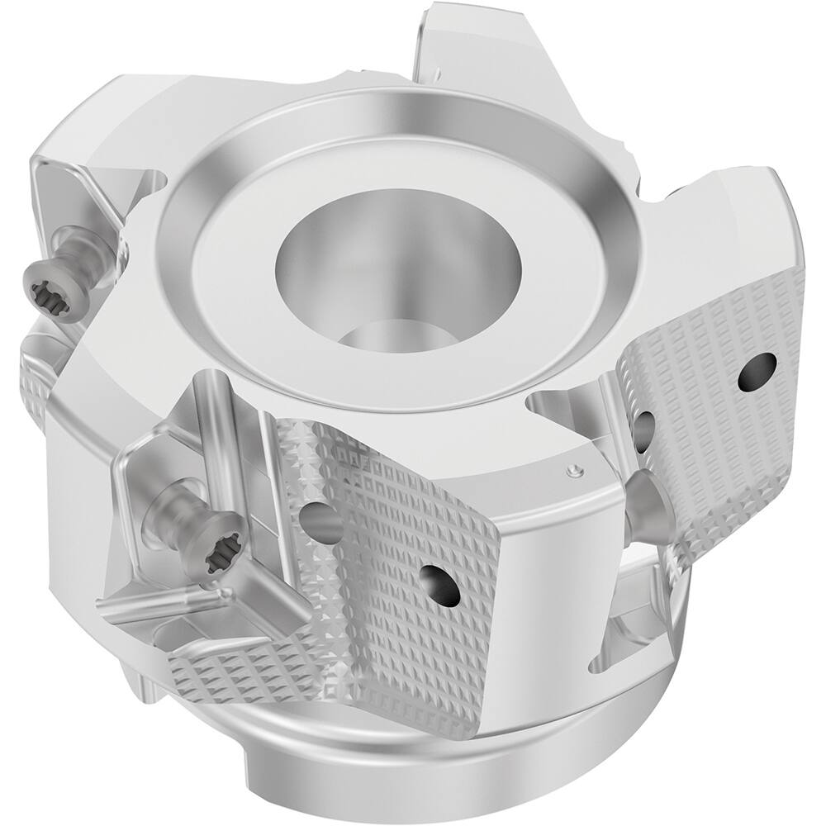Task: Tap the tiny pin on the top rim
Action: pyautogui.click(x=571, y=469)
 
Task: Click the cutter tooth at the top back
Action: pyautogui.click(x=463, y=41)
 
